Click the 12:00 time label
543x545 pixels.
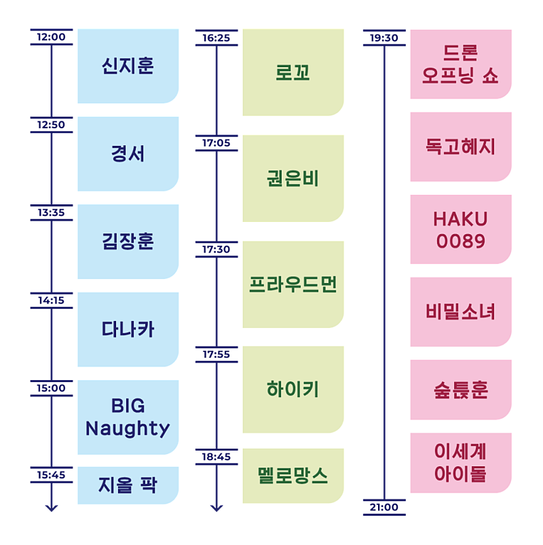point(52,37)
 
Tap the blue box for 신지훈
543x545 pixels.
point(128,67)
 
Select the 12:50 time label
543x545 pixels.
point(52,125)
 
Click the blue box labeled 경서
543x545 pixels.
point(128,154)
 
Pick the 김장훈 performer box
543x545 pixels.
point(128,242)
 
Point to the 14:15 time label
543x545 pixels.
point(52,300)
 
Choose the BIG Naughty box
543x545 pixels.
point(128,417)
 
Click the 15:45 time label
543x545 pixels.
point(52,475)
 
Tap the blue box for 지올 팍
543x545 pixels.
point(128,485)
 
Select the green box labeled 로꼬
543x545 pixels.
point(293,73)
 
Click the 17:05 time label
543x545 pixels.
point(217,143)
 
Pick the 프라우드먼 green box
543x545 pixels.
point(293,284)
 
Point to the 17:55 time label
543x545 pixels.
point(217,354)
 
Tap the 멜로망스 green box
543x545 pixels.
point(293,475)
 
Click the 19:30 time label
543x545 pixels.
point(384,38)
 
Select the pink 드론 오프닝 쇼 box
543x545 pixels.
point(460,64)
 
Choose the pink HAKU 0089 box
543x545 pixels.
point(460,229)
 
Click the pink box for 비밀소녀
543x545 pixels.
point(460,312)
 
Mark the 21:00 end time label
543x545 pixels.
point(384,508)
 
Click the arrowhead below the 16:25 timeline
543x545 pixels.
point(217,508)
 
